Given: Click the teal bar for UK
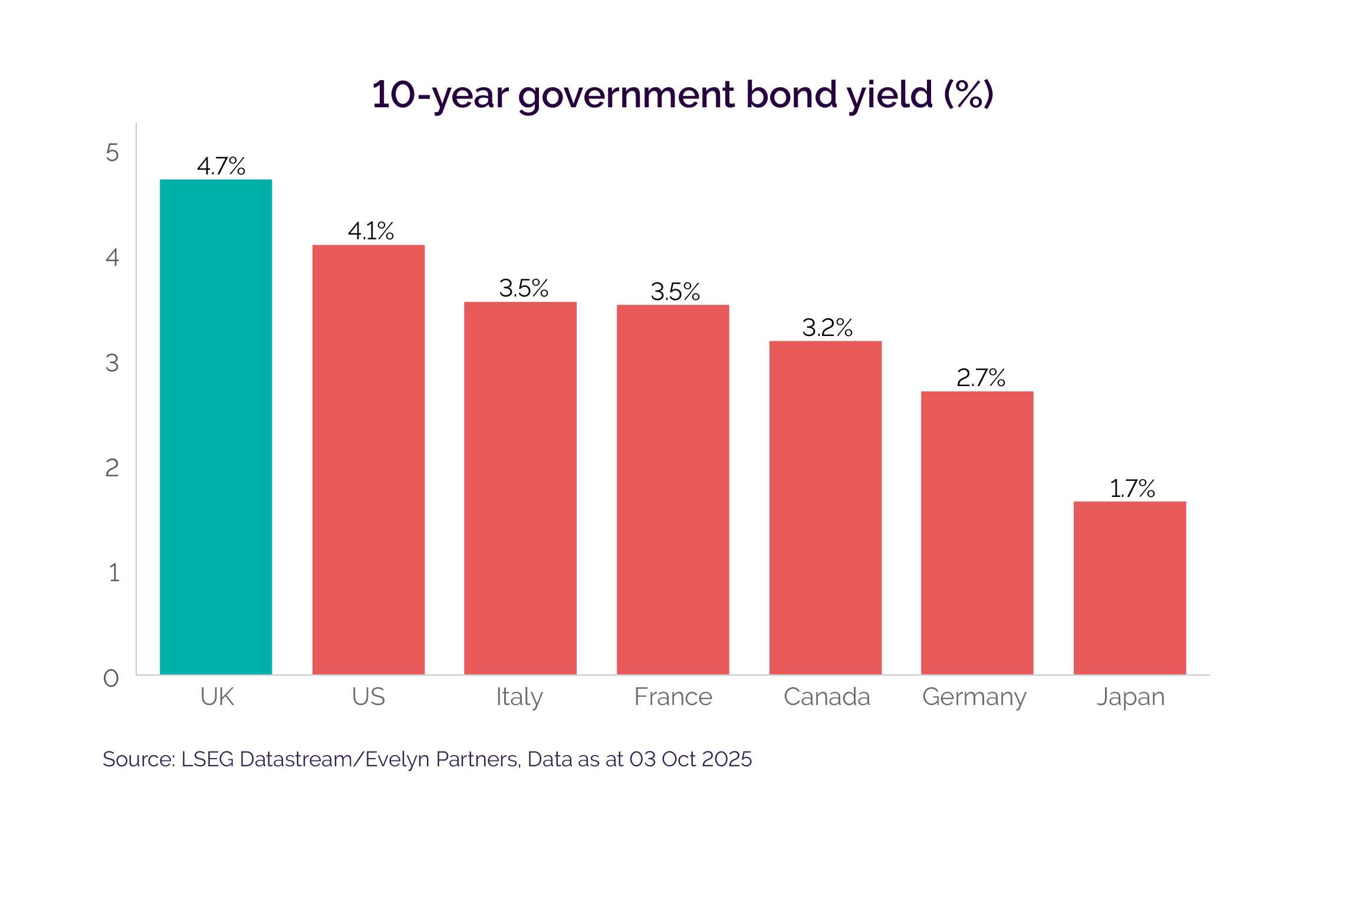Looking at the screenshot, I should [216, 427].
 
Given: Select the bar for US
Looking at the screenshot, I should [369, 459].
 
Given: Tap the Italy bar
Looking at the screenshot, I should [520, 488].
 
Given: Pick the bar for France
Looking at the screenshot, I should [673, 489].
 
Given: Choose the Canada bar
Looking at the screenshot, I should [826, 508].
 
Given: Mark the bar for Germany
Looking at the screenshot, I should [977, 533].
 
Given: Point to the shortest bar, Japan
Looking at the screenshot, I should [1130, 588].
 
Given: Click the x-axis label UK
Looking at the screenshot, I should [217, 697].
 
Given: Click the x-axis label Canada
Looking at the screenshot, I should [827, 697].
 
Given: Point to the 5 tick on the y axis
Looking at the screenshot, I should [112, 153].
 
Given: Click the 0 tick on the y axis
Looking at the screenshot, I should [111, 678].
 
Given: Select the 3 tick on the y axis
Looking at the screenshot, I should [112, 363].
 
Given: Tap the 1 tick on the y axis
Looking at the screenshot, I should [114, 573].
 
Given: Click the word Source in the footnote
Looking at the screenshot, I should [138, 759].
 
